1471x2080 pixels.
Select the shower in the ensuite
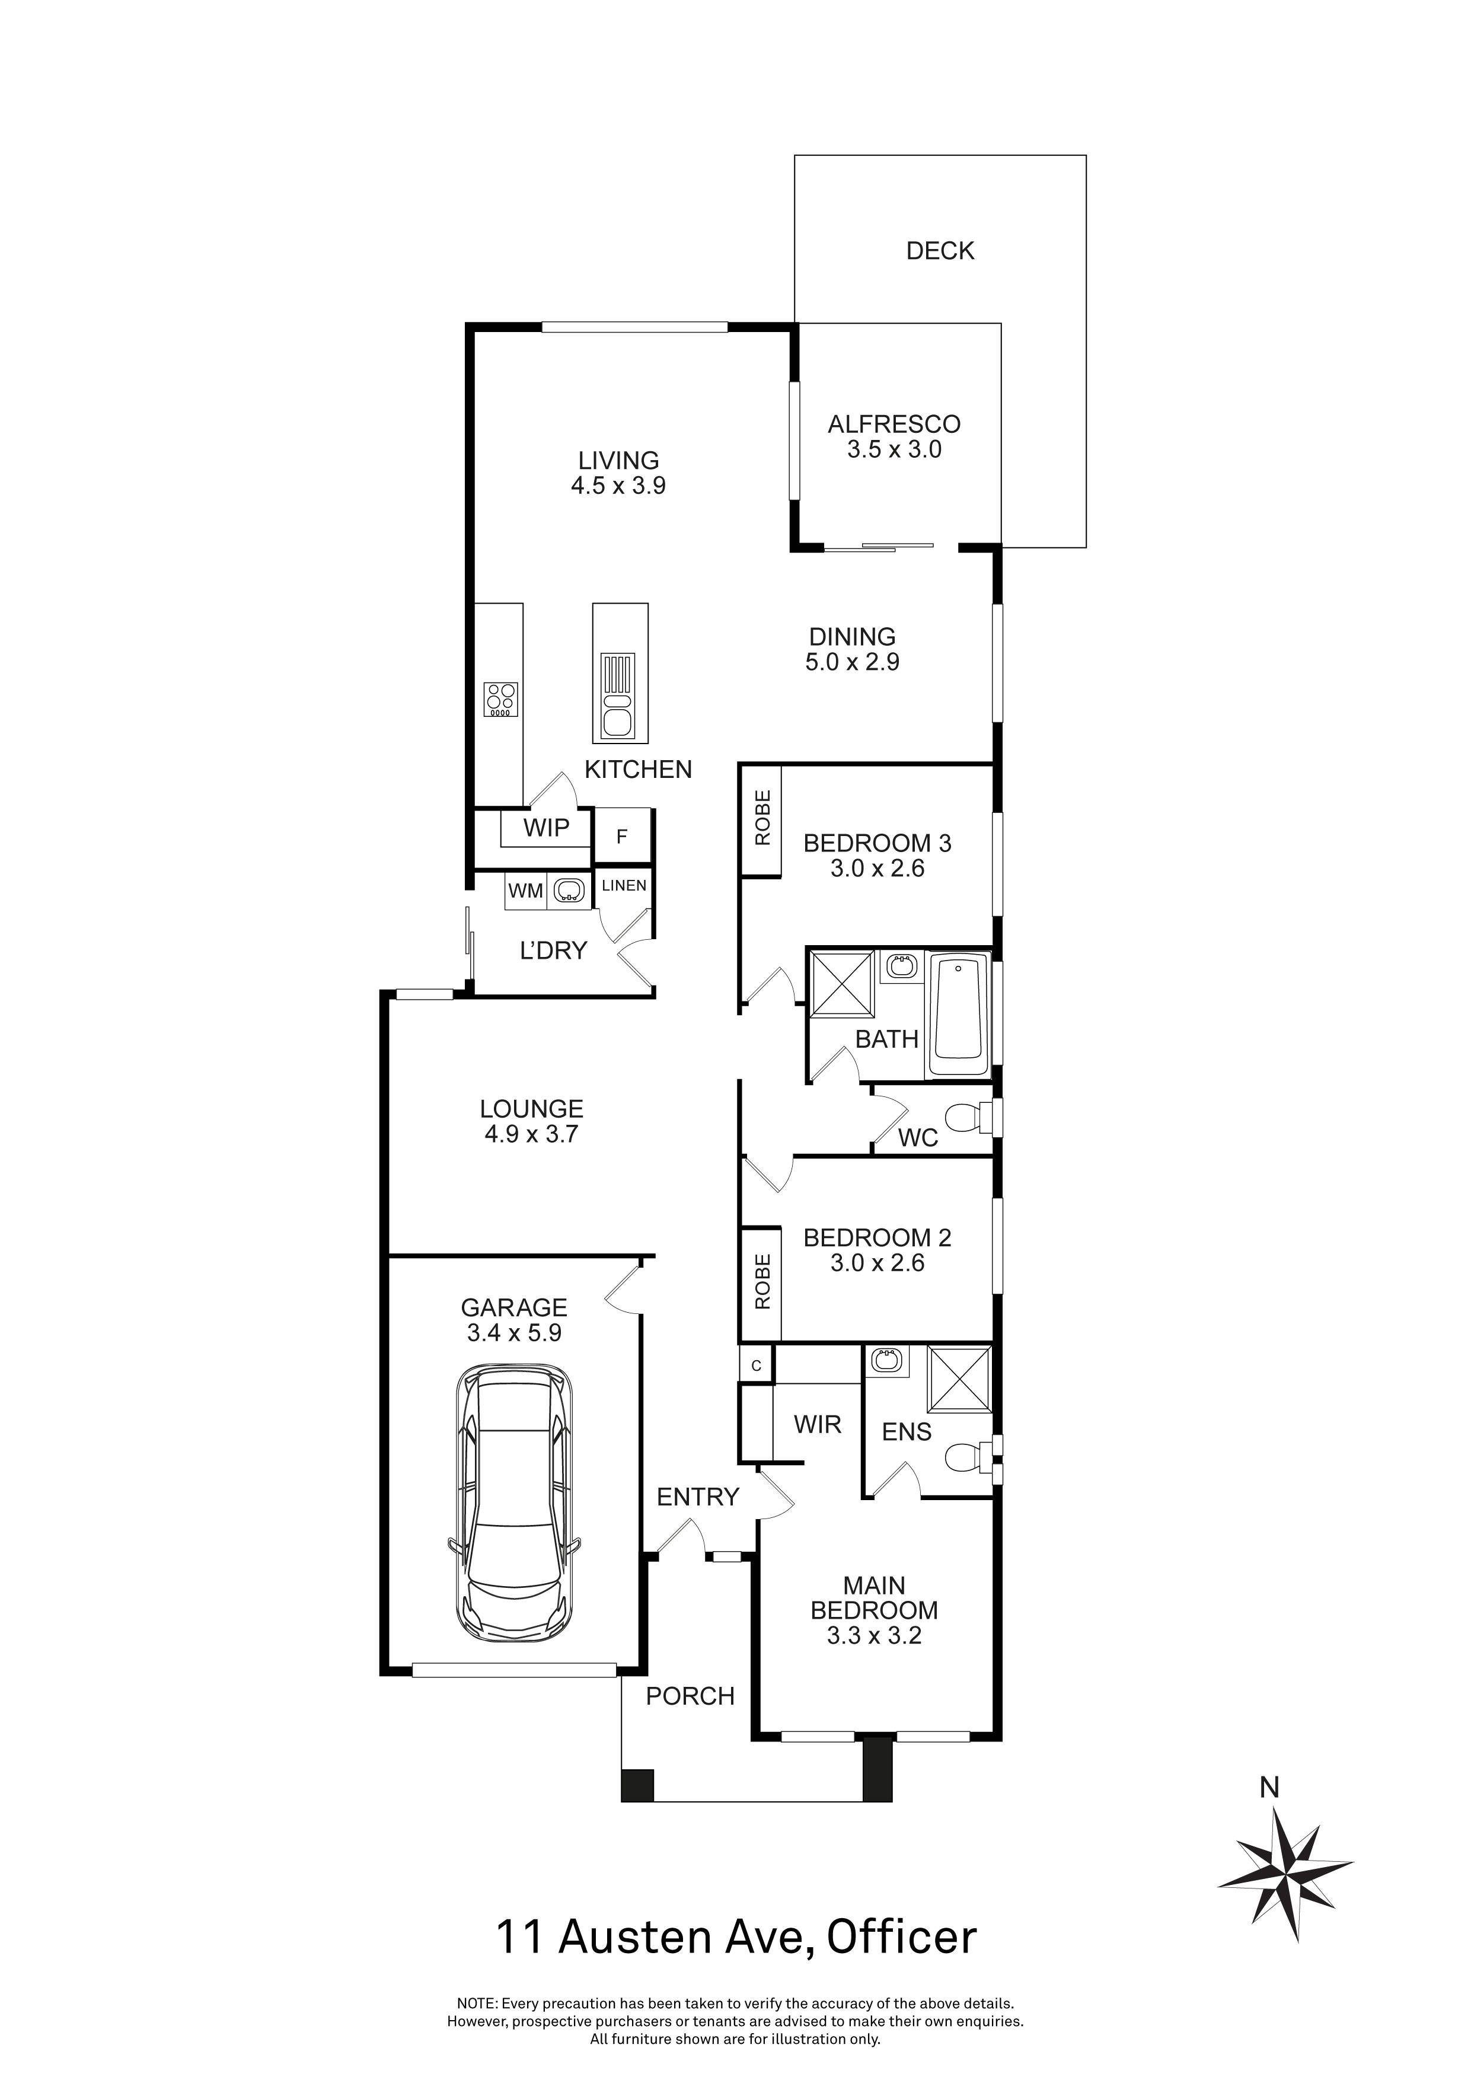pos(958,1379)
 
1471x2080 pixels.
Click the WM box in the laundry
pos(525,891)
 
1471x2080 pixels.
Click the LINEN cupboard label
pos(624,886)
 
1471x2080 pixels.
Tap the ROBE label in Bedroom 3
pos(762,819)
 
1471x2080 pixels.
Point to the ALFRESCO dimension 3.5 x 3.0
pos(894,450)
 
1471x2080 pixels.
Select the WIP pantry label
pos(546,827)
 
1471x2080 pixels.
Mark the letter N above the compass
pos(1270,1787)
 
